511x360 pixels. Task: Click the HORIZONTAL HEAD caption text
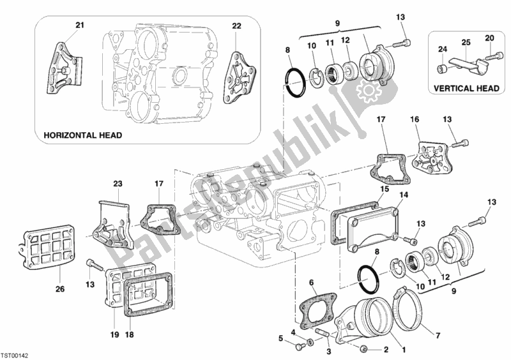pos(82,136)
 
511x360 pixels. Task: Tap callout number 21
pos(80,25)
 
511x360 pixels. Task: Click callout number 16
pos(414,119)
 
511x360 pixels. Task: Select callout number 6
pos(312,282)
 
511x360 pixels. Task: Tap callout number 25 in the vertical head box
pos(466,42)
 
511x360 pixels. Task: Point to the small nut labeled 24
pos(441,68)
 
